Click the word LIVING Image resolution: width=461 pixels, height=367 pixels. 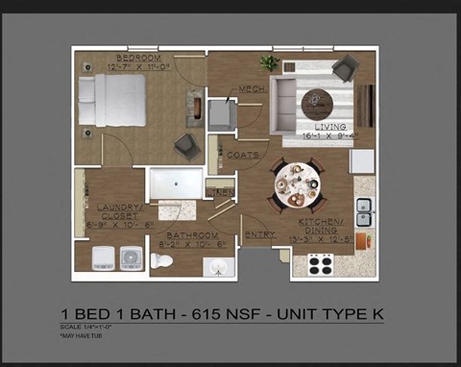pyautogui.click(x=327, y=126)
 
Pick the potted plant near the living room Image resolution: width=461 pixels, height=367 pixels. pyautogui.click(x=270, y=64)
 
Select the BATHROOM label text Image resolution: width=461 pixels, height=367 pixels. pyautogui.click(x=194, y=234)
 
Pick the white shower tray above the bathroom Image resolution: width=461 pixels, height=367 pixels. pyautogui.click(x=176, y=183)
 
